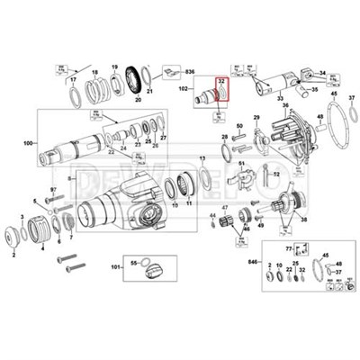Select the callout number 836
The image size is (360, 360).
(x=190, y=70)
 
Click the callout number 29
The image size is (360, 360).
(x=255, y=119)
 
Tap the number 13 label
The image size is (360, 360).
(x=203, y=158)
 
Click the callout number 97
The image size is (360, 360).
(x=53, y=190)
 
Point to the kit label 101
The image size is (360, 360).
(x=115, y=268)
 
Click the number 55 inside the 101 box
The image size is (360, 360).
(x=132, y=261)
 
